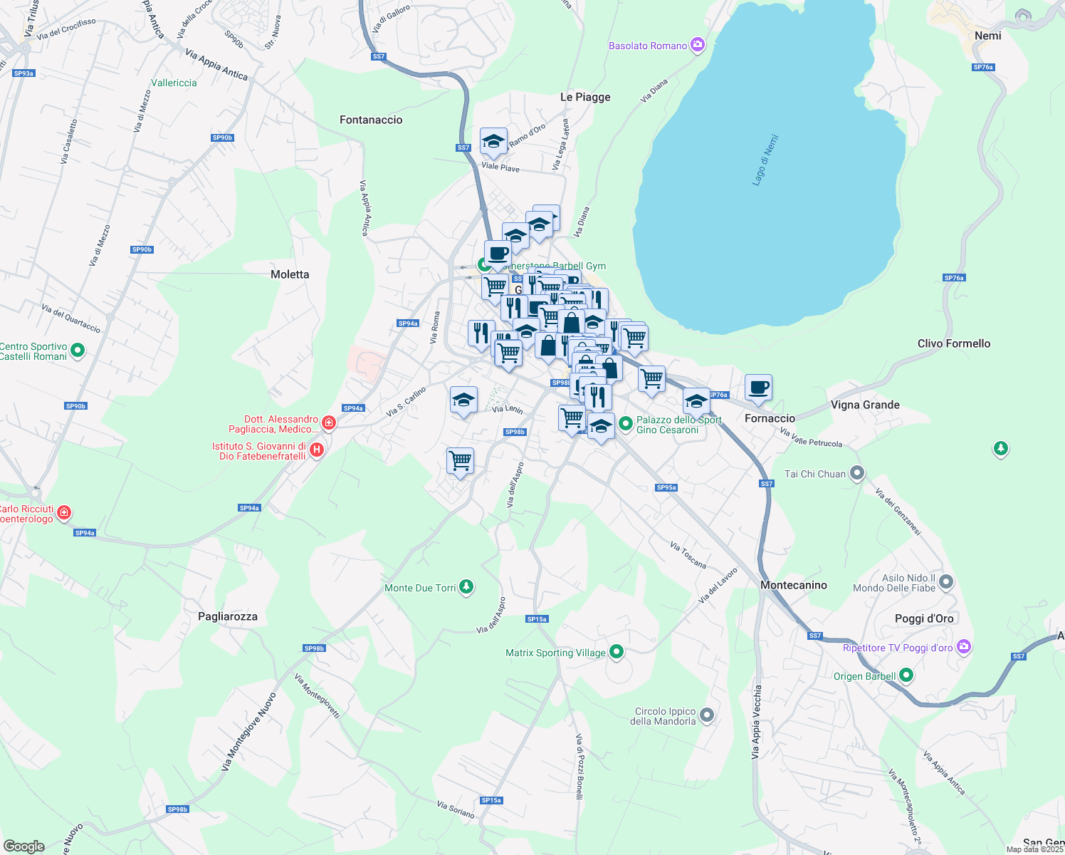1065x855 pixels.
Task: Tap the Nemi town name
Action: (987, 36)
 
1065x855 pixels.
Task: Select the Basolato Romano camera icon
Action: (697, 45)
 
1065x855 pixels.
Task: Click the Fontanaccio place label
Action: (371, 120)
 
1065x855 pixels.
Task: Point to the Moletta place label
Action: (290, 274)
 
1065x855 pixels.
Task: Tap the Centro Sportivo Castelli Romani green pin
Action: (78, 351)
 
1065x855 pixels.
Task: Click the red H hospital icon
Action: (318, 450)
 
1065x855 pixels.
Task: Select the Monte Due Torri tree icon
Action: (466, 587)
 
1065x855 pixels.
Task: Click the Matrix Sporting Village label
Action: (555, 653)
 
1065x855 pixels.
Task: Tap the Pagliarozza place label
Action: (228, 616)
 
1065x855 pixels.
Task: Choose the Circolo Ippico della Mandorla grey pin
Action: (706, 715)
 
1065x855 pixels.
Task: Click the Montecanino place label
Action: (793, 585)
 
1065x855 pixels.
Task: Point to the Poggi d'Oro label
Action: (923, 618)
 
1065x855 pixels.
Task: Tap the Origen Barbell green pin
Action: (906, 675)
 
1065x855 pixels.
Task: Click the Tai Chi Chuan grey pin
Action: (857, 473)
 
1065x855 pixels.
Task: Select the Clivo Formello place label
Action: (953, 343)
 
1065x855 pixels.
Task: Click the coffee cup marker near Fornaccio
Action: (758, 388)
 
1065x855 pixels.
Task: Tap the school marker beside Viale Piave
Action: (493, 141)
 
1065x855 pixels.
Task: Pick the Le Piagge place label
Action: (585, 97)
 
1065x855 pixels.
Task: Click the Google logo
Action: (24, 846)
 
